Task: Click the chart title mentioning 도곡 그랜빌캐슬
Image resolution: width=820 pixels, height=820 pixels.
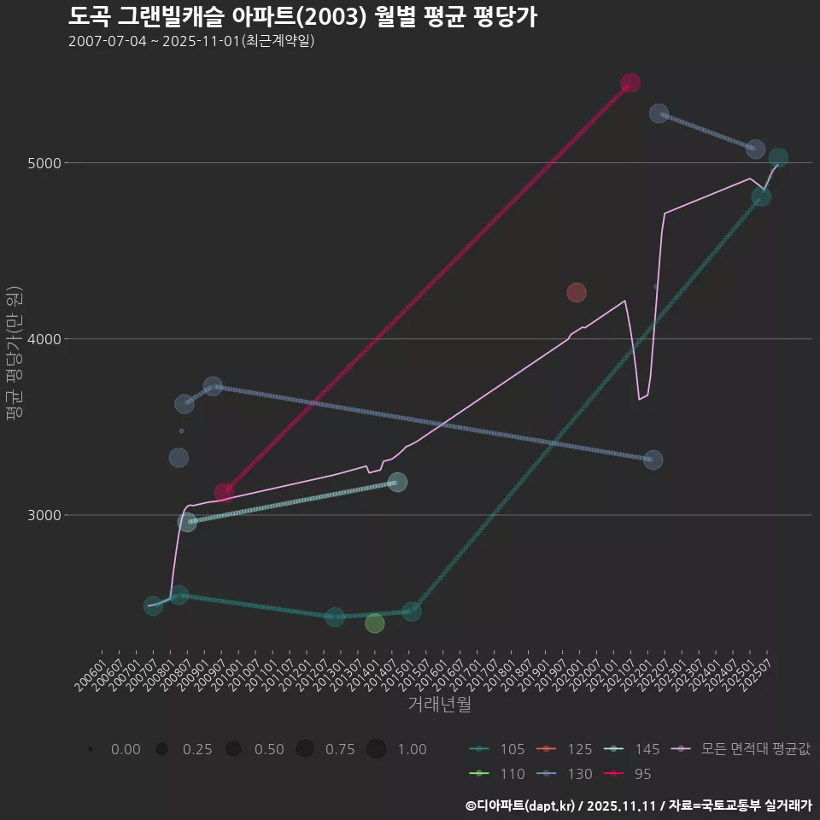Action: [302, 16]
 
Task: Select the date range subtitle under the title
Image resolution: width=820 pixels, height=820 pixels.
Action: [191, 41]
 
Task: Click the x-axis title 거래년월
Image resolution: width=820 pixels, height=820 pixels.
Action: [439, 704]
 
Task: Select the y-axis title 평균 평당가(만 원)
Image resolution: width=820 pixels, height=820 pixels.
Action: [14, 354]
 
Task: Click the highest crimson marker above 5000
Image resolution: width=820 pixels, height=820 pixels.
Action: [630, 83]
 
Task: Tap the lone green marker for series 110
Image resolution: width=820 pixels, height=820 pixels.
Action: [374, 623]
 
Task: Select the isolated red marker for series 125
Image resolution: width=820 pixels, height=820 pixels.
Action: [577, 293]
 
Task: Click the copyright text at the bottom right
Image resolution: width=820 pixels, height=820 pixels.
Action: [638, 805]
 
